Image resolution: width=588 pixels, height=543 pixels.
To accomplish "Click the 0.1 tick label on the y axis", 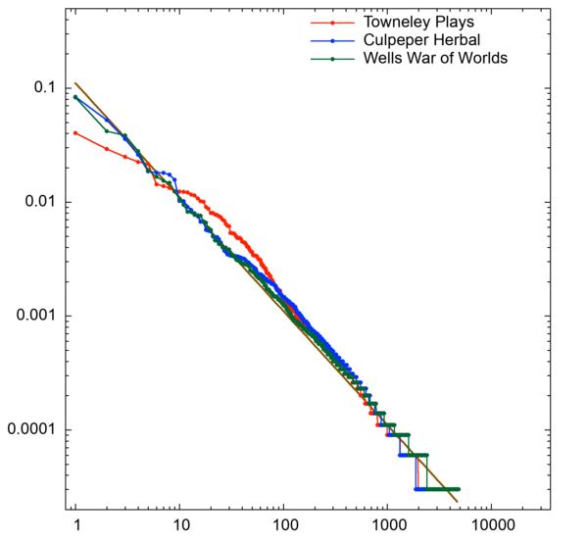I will click(42, 88).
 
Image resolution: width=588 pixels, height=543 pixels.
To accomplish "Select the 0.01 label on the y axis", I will click(36, 202).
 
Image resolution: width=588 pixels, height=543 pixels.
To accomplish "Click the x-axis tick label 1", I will click(75, 525).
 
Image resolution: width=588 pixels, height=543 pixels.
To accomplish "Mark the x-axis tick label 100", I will click(283, 525).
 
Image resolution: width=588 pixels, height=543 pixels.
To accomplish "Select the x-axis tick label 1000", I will click(387, 525).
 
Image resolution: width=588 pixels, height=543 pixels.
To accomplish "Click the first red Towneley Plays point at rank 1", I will click(75, 132).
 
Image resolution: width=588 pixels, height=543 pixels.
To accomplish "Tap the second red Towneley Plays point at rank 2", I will click(107, 149).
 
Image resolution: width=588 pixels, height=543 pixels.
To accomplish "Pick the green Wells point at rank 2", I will click(107, 130).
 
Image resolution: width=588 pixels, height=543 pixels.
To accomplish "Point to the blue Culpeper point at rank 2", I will click(107, 120).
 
